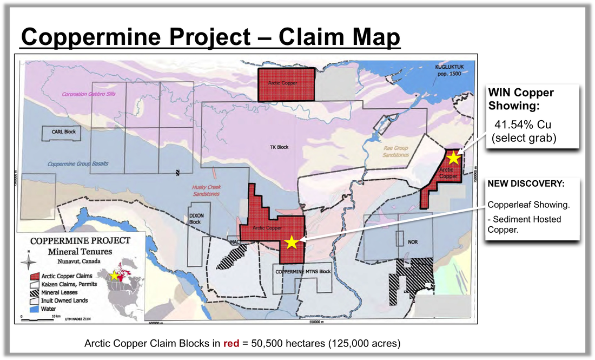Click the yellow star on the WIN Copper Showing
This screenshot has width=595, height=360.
tap(453, 158)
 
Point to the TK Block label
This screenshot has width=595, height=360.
tap(280, 147)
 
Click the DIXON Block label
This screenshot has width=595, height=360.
tap(196, 219)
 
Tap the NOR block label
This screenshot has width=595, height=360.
tap(413, 242)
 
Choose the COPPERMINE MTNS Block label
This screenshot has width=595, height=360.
tap(302, 271)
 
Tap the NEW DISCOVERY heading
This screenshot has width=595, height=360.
tap(526, 184)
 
